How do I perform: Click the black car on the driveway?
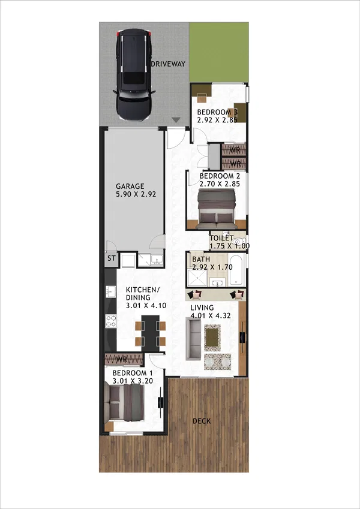point(134,75)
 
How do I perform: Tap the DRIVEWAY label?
point(168,64)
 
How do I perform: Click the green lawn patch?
point(220,52)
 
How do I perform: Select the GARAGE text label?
point(130,186)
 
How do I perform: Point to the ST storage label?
point(112,258)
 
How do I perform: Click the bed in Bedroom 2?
point(217,209)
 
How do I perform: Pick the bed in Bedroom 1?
point(124,403)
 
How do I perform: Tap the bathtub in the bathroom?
point(236,270)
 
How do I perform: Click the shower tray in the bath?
point(197,278)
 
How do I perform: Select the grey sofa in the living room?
point(193,339)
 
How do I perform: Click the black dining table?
point(151,333)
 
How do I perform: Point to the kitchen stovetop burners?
point(111,321)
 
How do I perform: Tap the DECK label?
point(202,421)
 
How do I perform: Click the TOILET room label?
point(221,238)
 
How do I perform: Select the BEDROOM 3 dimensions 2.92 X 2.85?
point(217,120)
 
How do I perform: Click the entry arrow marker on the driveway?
point(176,120)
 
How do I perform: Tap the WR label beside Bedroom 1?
point(122,359)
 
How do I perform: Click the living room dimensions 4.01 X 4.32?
point(211,315)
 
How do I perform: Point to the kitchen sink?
point(110,291)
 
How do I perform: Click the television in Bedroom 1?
point(161,402)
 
